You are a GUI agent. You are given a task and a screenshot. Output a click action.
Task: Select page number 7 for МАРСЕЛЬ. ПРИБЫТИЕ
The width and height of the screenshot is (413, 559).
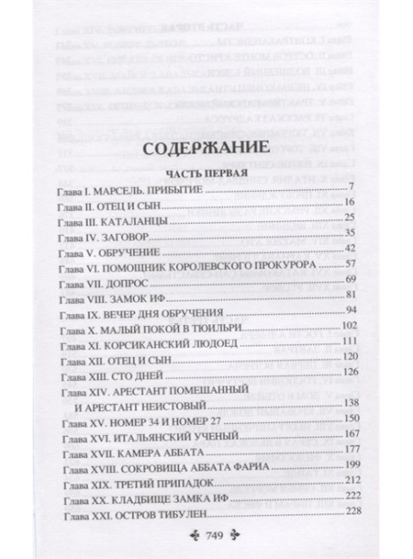(353, 187)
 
